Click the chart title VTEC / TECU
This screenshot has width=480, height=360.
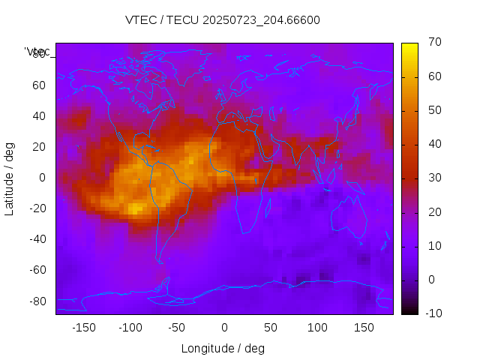coord(223,20)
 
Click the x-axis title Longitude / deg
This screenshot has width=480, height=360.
coord(223,348)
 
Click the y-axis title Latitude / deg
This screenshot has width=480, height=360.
coord(10,178)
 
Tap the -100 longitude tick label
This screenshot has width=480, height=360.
coord(130,328)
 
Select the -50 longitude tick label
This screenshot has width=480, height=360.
coord(177,328)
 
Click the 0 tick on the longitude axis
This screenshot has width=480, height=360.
coord(224,328)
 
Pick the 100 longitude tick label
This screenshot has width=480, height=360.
coord(317,328)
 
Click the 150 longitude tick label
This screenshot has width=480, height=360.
coord(364,328)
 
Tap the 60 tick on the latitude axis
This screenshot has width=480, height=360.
coord(39,85)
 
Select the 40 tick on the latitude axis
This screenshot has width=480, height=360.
coord(39,116)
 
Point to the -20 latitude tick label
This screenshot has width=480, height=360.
coord(37,208)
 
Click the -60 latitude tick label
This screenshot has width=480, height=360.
coord(37,270)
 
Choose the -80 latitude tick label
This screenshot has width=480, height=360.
coord(37,301)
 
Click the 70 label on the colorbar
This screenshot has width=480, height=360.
coord(433,43)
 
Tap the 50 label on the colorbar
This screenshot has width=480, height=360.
coord(433,110)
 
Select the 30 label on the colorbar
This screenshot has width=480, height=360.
coord(433,178)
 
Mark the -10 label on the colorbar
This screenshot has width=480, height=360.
coord(432,313)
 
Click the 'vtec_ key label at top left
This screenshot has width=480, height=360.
coord(37,52)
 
